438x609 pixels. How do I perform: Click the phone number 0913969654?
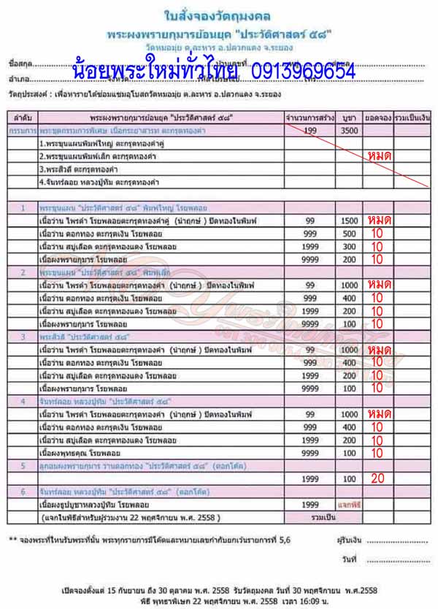(x=301, y=72)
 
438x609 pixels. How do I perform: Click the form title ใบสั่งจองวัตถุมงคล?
(x=218, y=15)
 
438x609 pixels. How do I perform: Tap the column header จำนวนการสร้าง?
(x=310, y=117)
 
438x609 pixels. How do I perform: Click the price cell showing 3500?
(x=350, y=129)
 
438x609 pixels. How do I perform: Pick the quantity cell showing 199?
(x=310, y=129)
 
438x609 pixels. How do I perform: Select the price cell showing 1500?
(x=350, y=220)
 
